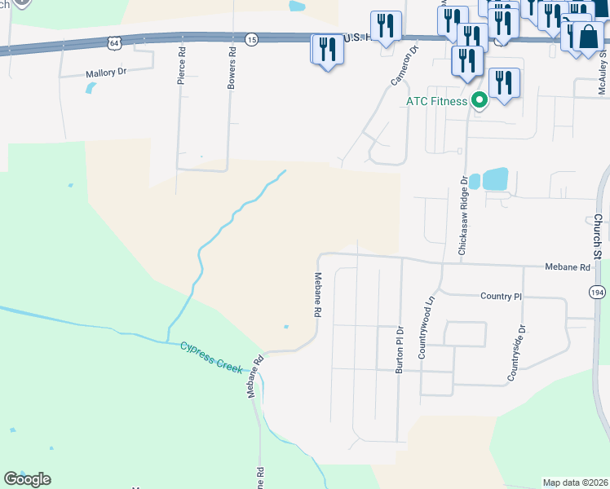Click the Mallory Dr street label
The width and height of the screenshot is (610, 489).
pos(107,73)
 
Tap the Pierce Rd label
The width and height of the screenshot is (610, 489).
pos(181,64)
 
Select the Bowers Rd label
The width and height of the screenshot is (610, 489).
pos(232,73)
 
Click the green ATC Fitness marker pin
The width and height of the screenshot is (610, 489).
pos(480,101)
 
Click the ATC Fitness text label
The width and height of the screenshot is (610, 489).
pos(437,101)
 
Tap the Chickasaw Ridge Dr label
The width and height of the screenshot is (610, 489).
pos(462,216)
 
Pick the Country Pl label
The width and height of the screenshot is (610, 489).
pos(501,297)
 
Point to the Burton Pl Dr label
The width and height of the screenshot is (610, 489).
pos(400,350)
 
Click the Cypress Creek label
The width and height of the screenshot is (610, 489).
pos(212,357)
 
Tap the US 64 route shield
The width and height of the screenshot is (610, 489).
pos(113,41)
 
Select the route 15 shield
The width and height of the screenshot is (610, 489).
pos(252,39)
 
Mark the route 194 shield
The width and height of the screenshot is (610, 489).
pos(597,291)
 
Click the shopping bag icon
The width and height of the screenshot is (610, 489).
pos(588,37)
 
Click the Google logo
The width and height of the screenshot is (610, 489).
pos(27,479)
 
